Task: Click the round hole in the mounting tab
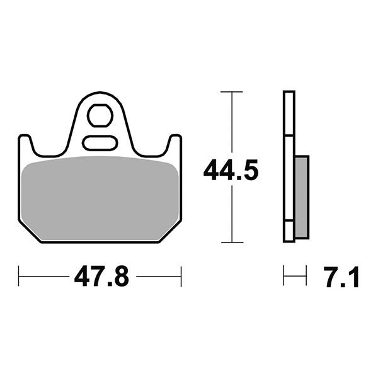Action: click(x=100, y=115)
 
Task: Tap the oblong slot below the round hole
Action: click(x=100, y=142)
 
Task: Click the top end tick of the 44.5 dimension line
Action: click(x=232, y=92)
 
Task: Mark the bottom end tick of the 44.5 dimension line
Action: click(x=232, y=242)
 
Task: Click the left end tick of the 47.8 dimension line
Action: click(x=20, y=275)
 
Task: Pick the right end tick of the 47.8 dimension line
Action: click(x=181, y=275)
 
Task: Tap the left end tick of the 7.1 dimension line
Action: click(x=284, y=275)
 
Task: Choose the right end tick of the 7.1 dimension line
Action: click(x=307, y=275)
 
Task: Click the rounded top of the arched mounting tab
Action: click(x=100, y=94)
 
